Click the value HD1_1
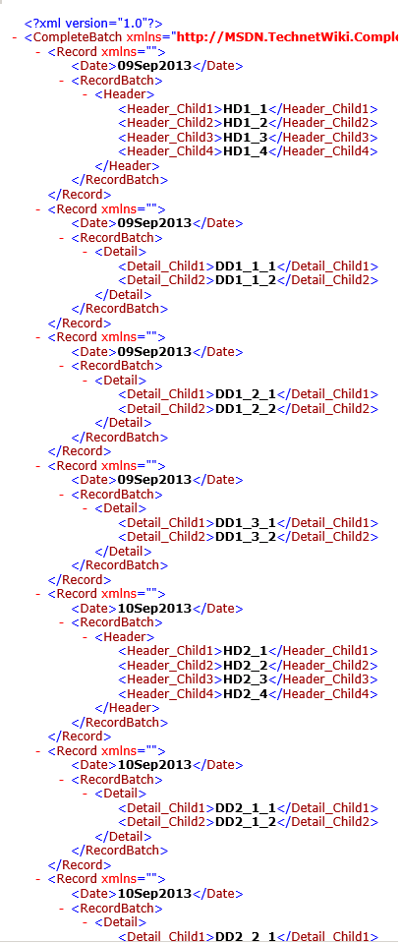(x=246, y=109)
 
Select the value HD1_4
(x=246, y=151)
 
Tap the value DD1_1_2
(x=246, y=280)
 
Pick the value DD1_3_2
(x=246, y=537)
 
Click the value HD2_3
(x=246, y=679)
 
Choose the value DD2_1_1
(x=246, y=807)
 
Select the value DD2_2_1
(x=246, y=936)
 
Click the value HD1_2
(x=246, y=123)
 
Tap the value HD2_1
(x=246, y=651)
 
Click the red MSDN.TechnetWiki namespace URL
(x=288, y=38)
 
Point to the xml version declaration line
(x=93, y=24)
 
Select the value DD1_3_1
(x=246, y=522)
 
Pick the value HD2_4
(x=246, y=694)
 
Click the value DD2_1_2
(x=246, y=822)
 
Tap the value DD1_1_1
(x=246, y=265)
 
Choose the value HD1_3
(x=246, y=138)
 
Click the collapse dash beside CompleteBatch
(x=15, y=38)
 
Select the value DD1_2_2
(x=246, y=409)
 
